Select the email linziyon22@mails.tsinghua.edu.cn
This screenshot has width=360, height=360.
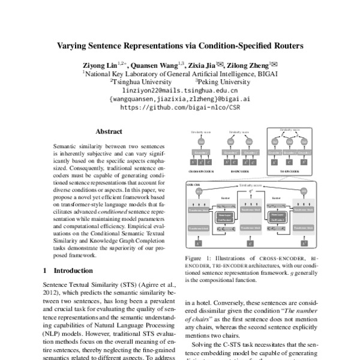180,91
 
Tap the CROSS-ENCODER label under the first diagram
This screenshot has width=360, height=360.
203,171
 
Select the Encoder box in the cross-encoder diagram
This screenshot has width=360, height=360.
202,152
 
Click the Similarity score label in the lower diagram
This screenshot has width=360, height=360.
252,187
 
